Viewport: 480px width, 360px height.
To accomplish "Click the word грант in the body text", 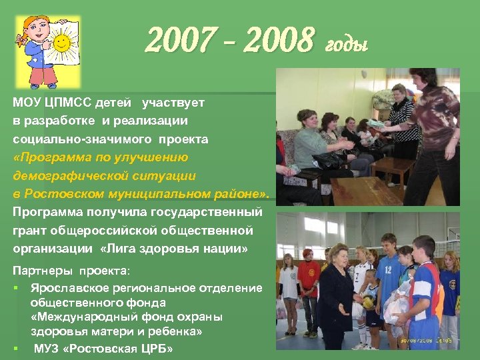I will tap(29, 231).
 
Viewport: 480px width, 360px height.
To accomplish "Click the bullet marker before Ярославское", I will tap(16, 288).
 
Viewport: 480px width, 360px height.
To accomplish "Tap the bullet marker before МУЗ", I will tap(16, 348).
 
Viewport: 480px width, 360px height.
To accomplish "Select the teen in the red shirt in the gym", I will tap(308, 280).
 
